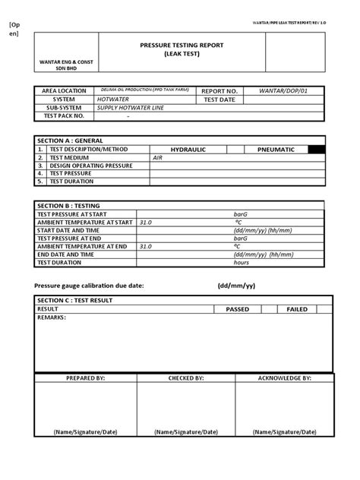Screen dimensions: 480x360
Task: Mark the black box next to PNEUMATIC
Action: tap(317, 150)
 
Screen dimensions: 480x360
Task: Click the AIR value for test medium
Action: tap(158, 158)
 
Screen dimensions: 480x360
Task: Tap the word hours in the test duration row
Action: tap(242, 262)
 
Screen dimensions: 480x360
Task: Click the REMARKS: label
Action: tap(52, 317)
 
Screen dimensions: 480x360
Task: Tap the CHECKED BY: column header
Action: tap(186, 377)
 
